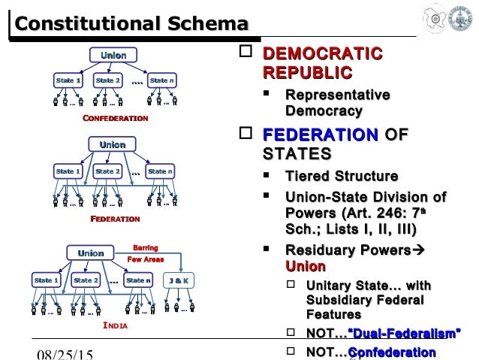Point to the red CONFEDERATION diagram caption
tap(115, 119)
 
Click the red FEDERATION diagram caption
tap(115, 219)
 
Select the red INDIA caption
tap(115, 327)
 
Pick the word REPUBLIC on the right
tap(308, 73)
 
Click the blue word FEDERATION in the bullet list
tap(319, 137)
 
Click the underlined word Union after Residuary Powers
tap(306, 267)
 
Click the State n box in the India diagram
tap(138, 280)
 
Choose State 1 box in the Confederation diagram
tap(68, 80)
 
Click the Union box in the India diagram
tap(91, 254)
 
